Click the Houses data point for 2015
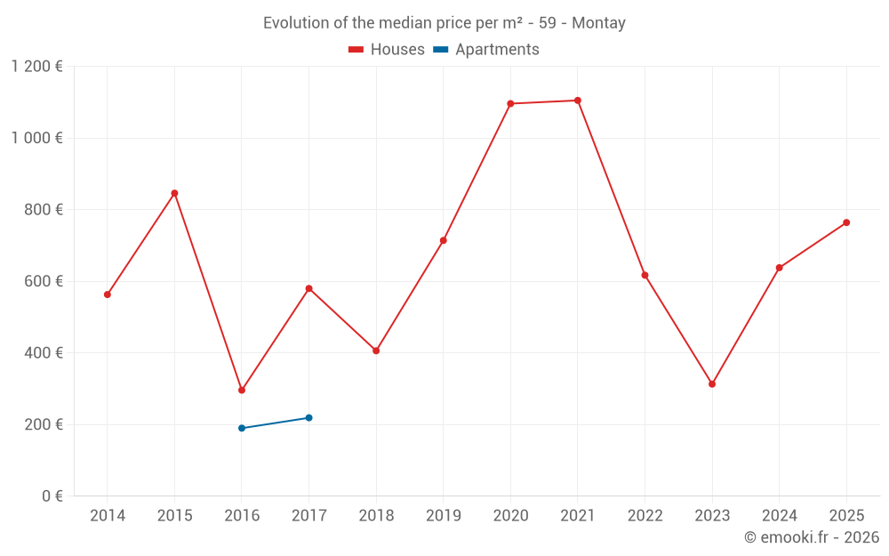pyautogui.click(x=174, y=193)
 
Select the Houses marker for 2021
pyautogui.click(x=578, y=101)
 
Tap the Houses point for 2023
pyautogui.click(x=712, y=384)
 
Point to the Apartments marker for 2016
pyautogui.click(x=242, y=428)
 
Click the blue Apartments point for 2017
pyautogui.click(x=309, y=417)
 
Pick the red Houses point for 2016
pyautogui.click(x=242, y=390)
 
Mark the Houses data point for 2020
pyautogui.click(x=510, y=103)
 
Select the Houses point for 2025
pyautogui.click(x=846, y=222)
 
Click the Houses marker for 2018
pyautogui.click(x=376, y=351)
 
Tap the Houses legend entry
pyautogui.click(x=387, y=50)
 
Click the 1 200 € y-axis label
pyautogui.click(x=36, y=67)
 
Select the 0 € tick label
pyautogui.click(x=52, y=496)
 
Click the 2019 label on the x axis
pyautogui.click(x=444, y=516)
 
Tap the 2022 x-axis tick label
pyautogui.click(x=645, y=516)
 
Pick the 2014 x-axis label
pyautogui.click(x=108, y=516)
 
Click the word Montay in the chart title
pyautogui.click(x=598, y=23)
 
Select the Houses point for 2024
pyautogui.click(x=780, y=268)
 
